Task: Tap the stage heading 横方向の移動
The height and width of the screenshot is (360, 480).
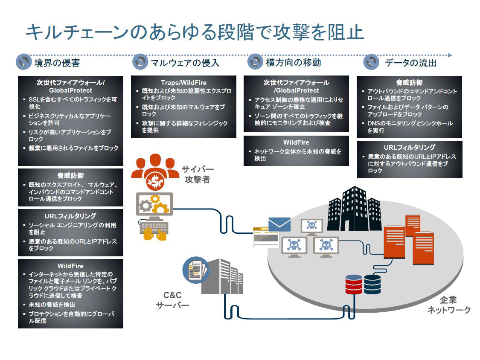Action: pyautogui.click(x=293, y=63)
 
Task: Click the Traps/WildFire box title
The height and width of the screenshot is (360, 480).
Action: pyautogui.click(x=183, y=82)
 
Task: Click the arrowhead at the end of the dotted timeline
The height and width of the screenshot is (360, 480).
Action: pyautogui.click(x=450, y=55)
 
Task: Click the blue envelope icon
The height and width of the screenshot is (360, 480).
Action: pyautogui.click(x=279, y=224)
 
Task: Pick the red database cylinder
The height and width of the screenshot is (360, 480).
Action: pyautogui.click(x=353, y=285)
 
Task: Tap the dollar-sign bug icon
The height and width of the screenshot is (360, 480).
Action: pyautogui.click(x=154, y=182)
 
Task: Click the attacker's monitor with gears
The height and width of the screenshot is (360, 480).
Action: pyautogui.click(x=154, y=205)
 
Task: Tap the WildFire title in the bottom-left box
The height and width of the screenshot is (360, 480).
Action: pyautogui.click(x=70, y=266)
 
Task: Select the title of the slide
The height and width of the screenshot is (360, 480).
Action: pyautogui.click(x=195, y=32)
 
